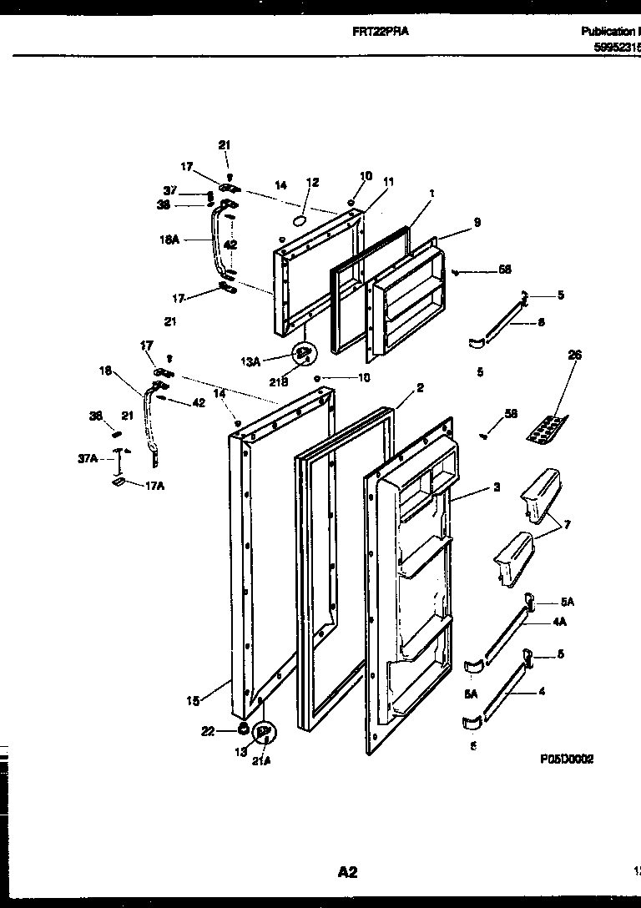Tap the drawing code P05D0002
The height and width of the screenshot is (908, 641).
pyautogui.click(x=566, y=759)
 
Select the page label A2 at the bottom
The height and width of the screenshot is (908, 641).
pyautogui.click(x=347, y=872)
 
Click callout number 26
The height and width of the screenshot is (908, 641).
pyautogui.click(x=574, y=355)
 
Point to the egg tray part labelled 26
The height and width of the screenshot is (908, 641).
pyautogui.click(x=546, y=430)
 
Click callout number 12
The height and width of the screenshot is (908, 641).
pyautogui.click(x=312, y=182)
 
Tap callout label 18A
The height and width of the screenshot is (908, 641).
pyautogui.click(x=169, y=239)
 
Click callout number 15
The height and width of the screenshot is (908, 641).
pyautogui.click(x=193, y=701)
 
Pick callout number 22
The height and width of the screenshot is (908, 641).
pyautogui.click(x=209, y=731)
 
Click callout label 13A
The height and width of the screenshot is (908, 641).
pyautogui.click(x=251, y=361)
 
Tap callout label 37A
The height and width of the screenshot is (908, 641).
pyautogui.click(x=88, y=458)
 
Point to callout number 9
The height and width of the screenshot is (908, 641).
pyautogui.click(x=477, y=223)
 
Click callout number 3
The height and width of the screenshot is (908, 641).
pyautogui.click(x=496, y=487)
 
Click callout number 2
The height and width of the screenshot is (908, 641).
pyautogui.click(x=420, y=388)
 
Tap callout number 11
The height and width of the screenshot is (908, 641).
pyautogui.click(x=388, y=181)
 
